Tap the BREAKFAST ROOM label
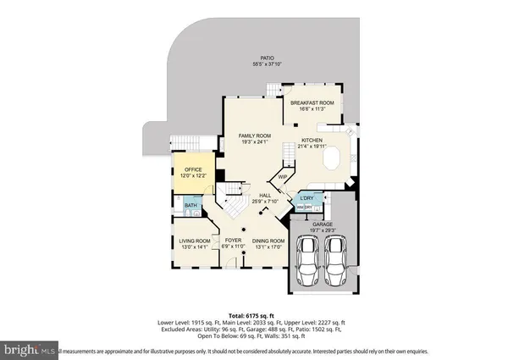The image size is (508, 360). (x=312, y=102)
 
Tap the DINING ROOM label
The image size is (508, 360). (x=268, y=241)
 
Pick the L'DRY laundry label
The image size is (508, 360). (x=306, y=198)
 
